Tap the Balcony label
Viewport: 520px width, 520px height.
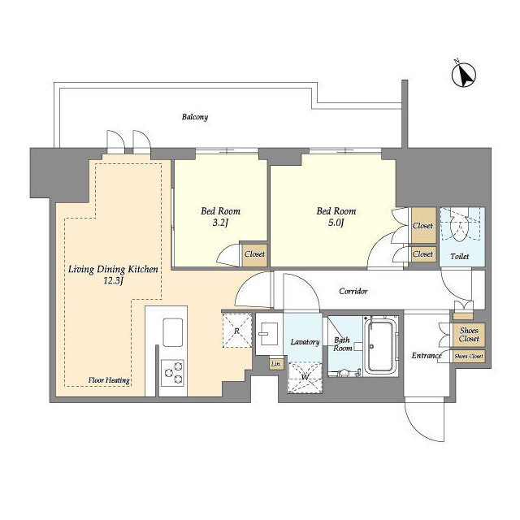click(195, 117)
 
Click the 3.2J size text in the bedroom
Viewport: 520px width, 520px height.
click(220, 223)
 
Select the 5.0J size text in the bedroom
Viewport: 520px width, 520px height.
click(336, 223)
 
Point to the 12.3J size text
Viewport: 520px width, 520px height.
click(114, 281)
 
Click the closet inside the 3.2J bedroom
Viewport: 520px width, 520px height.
click(254, 254)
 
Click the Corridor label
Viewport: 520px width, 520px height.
click(353, 291)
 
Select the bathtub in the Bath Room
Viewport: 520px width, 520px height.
click(380, 346)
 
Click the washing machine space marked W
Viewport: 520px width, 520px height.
click(305, 378)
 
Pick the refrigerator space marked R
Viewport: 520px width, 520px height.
click(236, 331)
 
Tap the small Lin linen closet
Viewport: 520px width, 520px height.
click(275, 364)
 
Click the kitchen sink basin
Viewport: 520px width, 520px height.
click(172, 332)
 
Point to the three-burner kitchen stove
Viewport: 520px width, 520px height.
click(172, 373)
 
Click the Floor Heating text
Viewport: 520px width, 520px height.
click(109, 380)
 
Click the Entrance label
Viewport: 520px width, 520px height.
click(427, 356)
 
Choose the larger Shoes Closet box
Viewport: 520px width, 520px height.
click(469, 335)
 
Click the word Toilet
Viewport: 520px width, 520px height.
click(460, 257)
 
